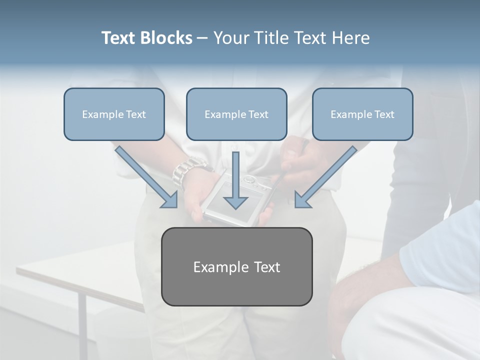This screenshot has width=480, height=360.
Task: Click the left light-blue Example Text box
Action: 114,114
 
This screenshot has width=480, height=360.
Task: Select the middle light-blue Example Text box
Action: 236,114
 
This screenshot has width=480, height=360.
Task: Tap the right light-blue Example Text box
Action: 362,114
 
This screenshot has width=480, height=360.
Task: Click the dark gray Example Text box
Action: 236,266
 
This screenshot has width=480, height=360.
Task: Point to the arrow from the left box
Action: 145,175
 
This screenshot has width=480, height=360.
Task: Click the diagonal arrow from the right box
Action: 327,175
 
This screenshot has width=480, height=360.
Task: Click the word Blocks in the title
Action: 167,38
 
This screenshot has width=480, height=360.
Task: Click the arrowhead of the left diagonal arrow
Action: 170,200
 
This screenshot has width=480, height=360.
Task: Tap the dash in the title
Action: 202,38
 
